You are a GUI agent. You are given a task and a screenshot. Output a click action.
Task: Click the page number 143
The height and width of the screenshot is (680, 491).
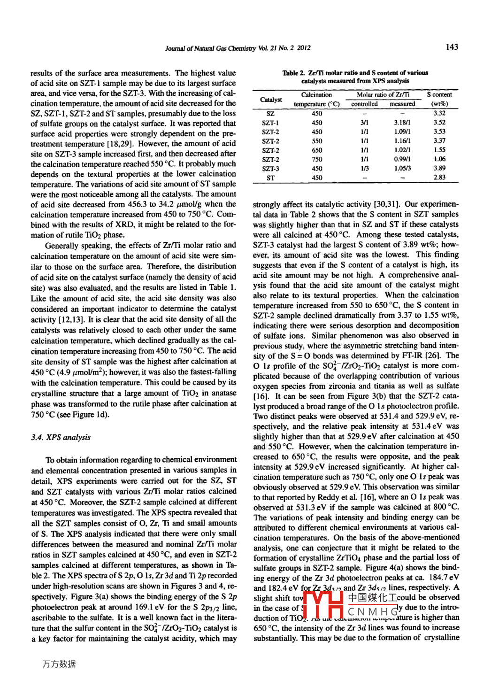click(452, 47)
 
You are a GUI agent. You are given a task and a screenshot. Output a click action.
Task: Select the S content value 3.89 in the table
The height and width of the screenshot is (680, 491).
click(439, 168)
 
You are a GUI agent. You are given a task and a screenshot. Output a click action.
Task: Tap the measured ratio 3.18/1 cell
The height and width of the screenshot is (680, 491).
click(402, 123)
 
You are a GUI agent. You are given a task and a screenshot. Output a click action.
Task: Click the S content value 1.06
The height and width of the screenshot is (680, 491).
click(439, 159)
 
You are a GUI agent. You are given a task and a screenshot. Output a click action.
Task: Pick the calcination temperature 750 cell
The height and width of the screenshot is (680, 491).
click(317, 160)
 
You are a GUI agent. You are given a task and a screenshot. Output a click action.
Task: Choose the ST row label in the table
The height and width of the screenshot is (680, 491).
click(270, 178)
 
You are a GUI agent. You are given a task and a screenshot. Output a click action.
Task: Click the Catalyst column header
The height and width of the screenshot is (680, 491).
click(271, 100)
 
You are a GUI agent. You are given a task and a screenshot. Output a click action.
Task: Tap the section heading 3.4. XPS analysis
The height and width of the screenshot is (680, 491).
click(61, 437)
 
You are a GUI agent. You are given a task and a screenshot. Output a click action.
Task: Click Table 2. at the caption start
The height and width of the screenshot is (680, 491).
click(293, 73)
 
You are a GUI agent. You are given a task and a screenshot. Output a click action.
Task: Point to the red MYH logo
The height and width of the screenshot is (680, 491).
click(323, 605)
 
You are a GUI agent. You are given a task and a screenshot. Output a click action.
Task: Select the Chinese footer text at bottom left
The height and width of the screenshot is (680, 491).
click(59, 664)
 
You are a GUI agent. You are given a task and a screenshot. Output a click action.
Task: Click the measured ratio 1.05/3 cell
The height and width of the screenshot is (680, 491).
click(402, 168)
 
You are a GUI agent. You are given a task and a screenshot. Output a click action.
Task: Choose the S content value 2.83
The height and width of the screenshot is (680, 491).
click(439, 178)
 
